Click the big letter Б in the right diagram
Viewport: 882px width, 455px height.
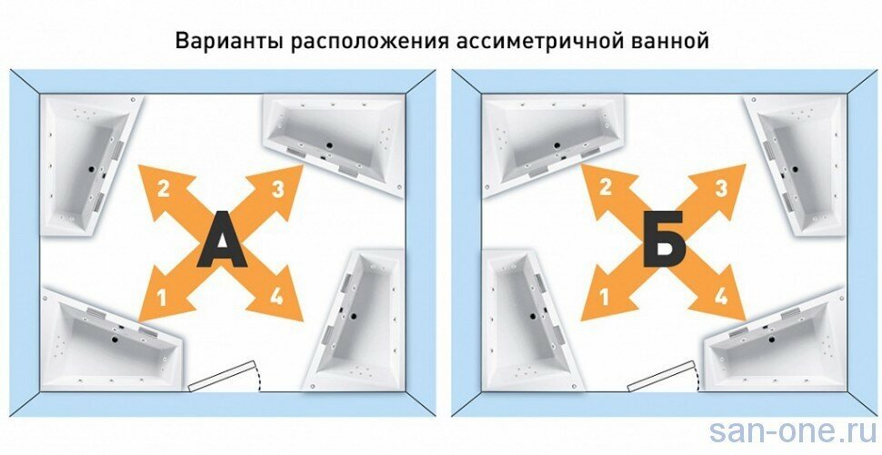663,240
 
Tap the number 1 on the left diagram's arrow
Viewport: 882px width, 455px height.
162,294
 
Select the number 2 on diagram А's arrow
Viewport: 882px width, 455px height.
163,189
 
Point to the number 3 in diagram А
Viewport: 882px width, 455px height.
279,189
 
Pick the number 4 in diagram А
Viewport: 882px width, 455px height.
276,295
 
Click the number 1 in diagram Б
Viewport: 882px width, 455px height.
605,294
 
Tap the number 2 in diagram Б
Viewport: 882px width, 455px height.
605,188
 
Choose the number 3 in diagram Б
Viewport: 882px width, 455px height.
721,189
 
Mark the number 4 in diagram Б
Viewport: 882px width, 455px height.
720,295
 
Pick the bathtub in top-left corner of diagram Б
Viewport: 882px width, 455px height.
553,136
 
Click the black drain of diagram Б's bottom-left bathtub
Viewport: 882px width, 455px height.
533,317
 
